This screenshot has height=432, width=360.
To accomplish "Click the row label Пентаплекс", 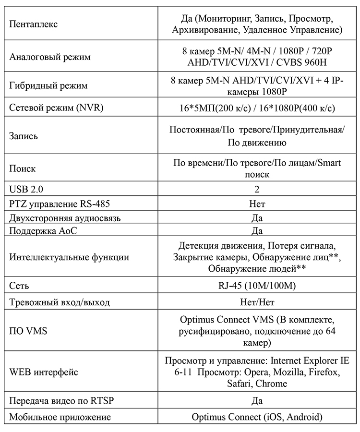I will [x=34, y=24].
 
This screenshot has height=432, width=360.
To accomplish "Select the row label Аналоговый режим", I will [x=50, y=57].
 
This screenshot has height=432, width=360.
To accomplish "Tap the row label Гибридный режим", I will [x=48, y=86].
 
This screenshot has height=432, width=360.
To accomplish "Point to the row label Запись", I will [x=24, y=136].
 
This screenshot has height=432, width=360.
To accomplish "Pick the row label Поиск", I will [x=23, y=168].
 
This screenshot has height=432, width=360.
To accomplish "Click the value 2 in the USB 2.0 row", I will [x=257, y=189].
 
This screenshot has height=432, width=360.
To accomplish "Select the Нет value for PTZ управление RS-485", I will [x=257, y=204].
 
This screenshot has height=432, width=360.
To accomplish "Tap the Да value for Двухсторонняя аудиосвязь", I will [x=257, y=218].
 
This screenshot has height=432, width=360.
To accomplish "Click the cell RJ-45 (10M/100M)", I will [x=257, y=286].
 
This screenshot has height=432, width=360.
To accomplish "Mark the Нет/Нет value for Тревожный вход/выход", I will [x=257, y=302].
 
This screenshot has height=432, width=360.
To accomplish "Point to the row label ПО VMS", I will [x=28, y=331].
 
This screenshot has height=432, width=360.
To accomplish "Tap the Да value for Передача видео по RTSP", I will [x=257, y=400].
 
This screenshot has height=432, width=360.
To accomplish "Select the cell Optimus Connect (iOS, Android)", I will [x=257, y=417].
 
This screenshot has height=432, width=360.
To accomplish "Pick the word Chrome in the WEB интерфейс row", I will [x=271, y=384].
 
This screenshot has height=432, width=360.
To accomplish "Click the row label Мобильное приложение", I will [x=56, y=417].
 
